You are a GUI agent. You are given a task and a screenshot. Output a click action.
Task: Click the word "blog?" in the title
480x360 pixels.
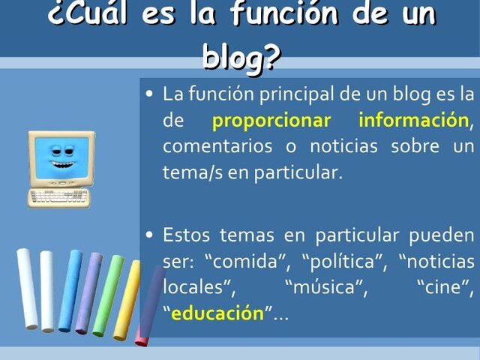(240, 56)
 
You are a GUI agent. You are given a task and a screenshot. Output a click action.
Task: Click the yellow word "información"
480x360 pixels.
(413, 120)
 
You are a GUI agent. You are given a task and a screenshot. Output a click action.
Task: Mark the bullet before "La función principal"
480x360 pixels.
(150, 94)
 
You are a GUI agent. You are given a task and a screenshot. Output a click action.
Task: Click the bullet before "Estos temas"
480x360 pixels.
(150, 235)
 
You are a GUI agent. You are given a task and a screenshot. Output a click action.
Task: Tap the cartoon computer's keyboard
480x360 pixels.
(58, 198)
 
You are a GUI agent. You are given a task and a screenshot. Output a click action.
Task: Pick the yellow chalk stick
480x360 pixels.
(127, 300)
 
